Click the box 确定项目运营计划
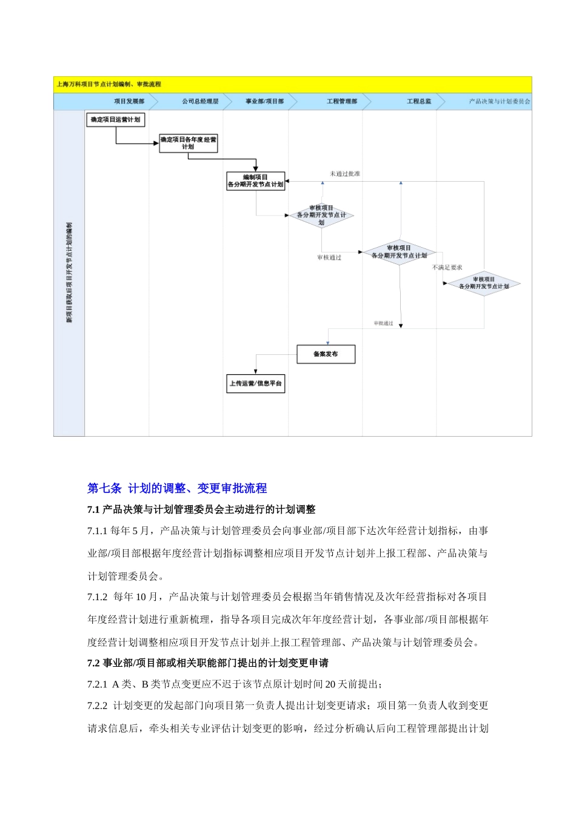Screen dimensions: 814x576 [x=115, y=120]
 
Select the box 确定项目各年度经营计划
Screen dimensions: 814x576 [x=188, y=143]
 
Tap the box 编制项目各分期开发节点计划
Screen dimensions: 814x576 [x=255, y=181]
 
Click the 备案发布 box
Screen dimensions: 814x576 [x=326, y=354]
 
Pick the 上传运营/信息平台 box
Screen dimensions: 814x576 [x=255, y=384]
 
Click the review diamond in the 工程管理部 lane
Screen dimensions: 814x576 [x=321, y=215]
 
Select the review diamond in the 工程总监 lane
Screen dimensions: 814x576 [x=399, y=252]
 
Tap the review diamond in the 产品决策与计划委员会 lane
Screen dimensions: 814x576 [x=483, y=283]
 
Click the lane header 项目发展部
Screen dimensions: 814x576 [x=129, y=101]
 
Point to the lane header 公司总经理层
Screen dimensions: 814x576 [x=200, y=101]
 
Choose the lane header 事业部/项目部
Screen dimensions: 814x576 [x=264, y=101]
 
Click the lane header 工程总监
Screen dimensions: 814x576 [x=419, y=101]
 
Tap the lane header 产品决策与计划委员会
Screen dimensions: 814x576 [x=500, y=101]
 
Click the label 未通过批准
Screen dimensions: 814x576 [x=345, y=174]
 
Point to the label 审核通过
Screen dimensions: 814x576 [x=329, y=257]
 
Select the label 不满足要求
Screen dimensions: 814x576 [x=447, y=267]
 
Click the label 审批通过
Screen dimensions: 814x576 [x=383, y=323]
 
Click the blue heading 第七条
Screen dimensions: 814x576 [x=105, y=488]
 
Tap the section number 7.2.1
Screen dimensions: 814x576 [x=97, y=684]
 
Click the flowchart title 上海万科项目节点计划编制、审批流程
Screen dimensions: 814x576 [x=109, y=84]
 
